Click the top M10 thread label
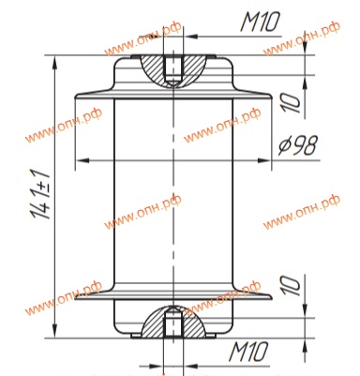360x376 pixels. (x=260, y=22)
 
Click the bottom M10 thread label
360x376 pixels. (x=248, y=352)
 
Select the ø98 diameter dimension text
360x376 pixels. (x=298, y=145)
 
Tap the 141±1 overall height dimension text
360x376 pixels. (x=40, y=194)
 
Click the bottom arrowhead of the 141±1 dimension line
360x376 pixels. (x=55, y=331)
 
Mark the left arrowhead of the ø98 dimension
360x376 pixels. (x=82, y=160)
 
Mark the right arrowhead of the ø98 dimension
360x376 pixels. (x=263, y=160)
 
